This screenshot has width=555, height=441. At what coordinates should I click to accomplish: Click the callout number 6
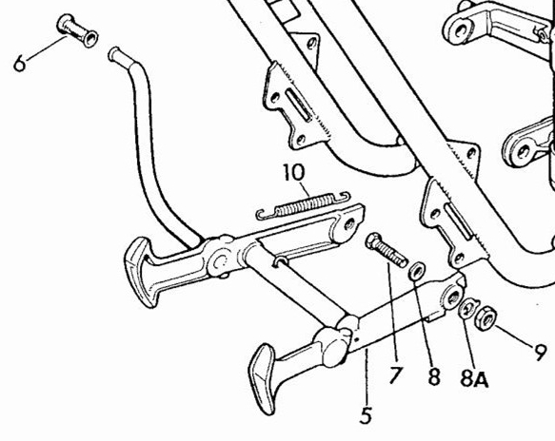20,64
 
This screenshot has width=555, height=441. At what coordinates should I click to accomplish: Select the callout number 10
294,173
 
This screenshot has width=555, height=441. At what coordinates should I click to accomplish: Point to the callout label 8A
474,378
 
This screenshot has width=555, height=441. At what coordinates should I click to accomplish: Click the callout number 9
540,352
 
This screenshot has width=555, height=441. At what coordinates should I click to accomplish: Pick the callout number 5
366,414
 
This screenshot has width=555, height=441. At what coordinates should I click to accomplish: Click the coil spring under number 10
303,206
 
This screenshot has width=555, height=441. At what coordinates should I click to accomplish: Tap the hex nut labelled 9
486,318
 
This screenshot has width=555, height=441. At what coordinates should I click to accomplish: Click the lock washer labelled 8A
468,307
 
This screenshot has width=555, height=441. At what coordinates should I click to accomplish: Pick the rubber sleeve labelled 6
77,30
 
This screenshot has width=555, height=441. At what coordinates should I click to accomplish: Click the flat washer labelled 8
417,271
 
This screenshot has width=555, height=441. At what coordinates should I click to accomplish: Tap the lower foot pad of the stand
263,379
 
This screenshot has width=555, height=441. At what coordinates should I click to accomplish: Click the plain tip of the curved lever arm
114,53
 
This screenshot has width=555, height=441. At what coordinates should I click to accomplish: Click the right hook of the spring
344,197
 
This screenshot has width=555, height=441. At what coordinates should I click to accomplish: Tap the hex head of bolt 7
374,241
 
